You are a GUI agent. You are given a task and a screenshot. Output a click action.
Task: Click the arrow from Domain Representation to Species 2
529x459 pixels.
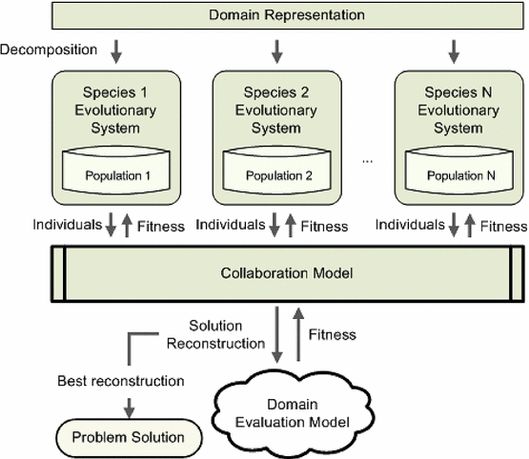point(274,49)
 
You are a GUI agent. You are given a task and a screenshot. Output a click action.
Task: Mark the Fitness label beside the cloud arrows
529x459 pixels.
point(332,334)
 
